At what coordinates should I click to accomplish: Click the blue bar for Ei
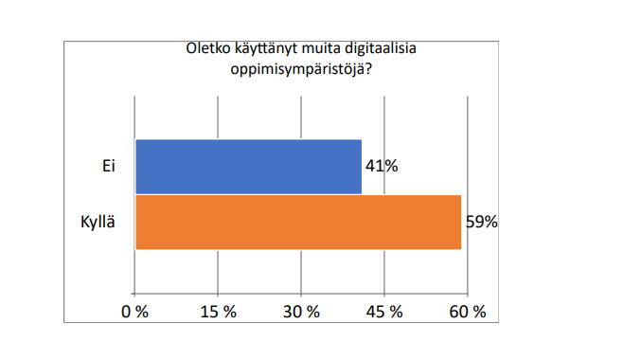[248, 167]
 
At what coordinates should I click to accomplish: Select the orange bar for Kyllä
[297, 223]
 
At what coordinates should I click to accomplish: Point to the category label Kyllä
[98, 223]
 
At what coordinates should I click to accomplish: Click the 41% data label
[382, 167]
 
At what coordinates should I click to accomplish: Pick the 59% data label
[481, 224]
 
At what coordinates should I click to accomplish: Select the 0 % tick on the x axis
[135, 312]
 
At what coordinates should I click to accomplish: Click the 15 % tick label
[219, 312]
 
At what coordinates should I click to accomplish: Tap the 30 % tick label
[301, 312]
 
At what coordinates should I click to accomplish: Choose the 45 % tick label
[384, 312]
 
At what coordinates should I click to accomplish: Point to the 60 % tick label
[467, 312]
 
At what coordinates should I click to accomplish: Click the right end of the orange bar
[460, 223]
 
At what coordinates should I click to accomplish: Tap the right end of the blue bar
[361, 167]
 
